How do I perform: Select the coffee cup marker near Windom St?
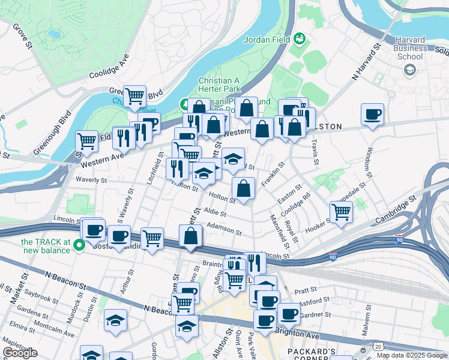tap(373, 114)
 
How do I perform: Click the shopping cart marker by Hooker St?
tap(341, 211)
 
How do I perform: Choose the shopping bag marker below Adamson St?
tap(190, 235)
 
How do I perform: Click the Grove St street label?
tap(21, 36)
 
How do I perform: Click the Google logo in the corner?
tap(19, 353)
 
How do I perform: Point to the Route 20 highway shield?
tap(378, 346)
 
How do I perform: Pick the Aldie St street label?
tap(215, 213)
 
